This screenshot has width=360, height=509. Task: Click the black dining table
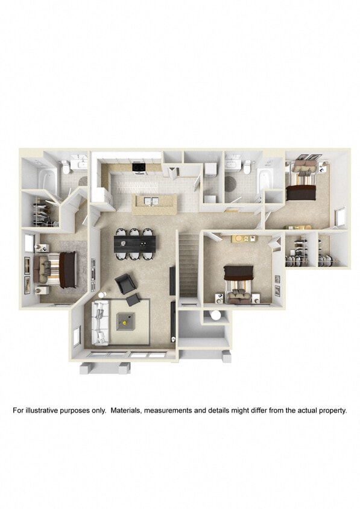click(134, 242)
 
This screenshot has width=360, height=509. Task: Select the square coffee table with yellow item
click(128, 323)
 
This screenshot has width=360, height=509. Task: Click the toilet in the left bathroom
click(66, 168)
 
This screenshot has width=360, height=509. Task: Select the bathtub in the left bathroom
click(43, 172)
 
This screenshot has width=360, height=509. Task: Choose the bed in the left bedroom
click(58, 267)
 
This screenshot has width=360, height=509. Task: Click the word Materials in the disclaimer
click(159, 410)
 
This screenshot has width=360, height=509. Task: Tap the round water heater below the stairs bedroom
click(215, 315)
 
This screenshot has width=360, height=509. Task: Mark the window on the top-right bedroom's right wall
click(340, 215)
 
